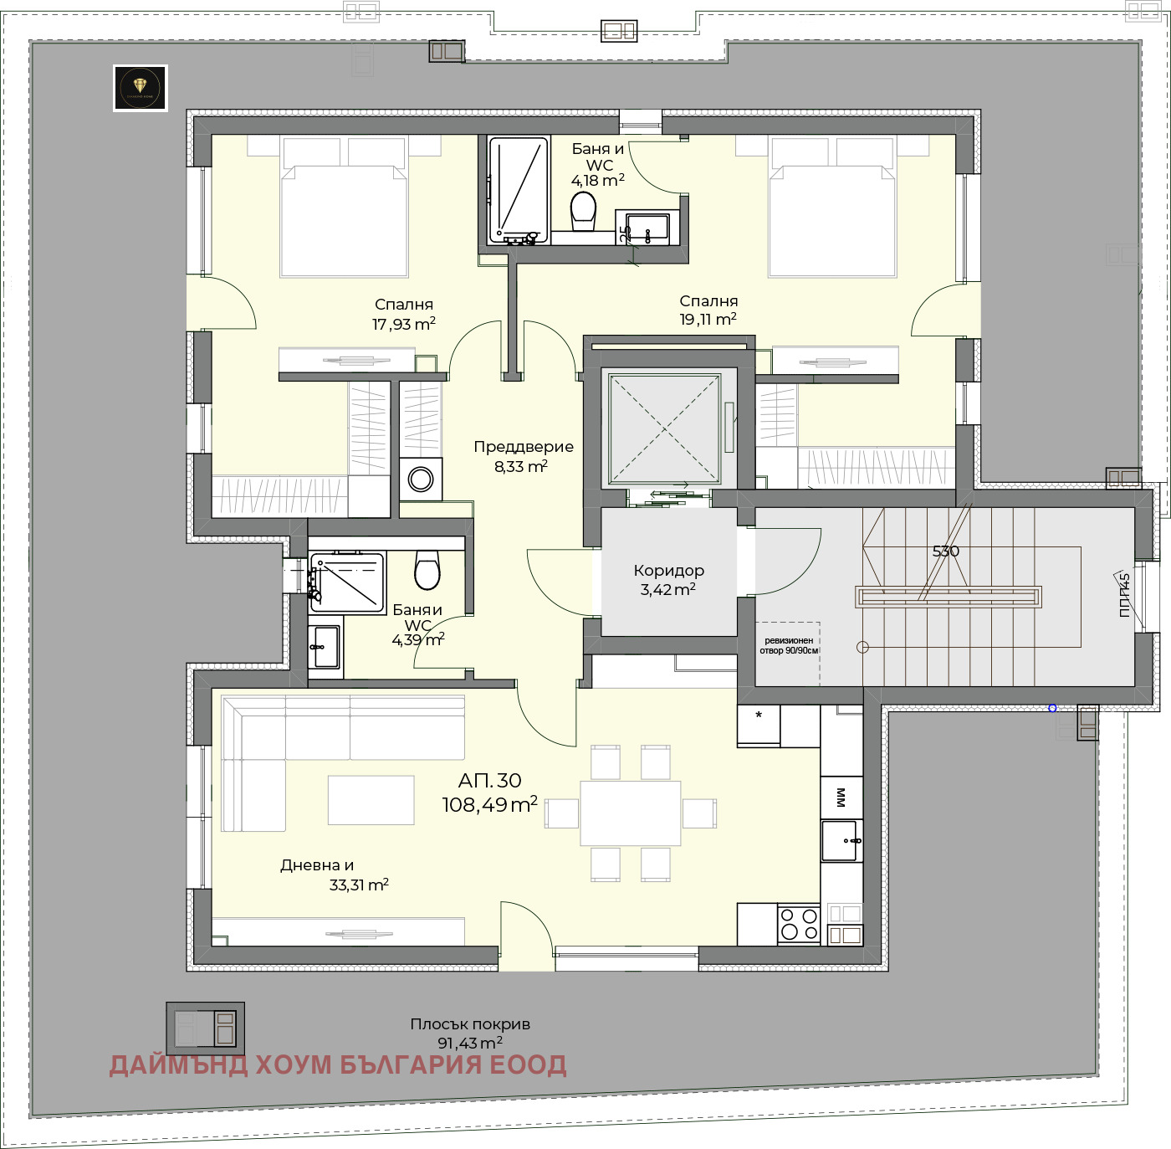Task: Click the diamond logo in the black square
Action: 141,87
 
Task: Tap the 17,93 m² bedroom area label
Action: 404,315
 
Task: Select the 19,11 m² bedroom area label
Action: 708,310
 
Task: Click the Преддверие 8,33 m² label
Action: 523,456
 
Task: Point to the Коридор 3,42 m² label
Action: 668,579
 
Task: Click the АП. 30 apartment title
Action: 490,781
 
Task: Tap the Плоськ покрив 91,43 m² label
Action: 470,1034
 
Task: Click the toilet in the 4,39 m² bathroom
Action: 427,570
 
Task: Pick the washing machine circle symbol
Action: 421,480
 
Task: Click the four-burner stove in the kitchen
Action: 799,924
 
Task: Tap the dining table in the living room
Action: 631,813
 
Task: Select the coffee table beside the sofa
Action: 371,800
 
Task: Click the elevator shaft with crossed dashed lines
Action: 665,429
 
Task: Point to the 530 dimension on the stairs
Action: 946,551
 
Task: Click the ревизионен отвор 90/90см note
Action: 789,645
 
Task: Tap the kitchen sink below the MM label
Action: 840,840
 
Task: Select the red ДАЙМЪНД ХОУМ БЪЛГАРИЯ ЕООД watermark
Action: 338,1064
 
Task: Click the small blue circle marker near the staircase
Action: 1052,708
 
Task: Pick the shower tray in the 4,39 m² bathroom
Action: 347,581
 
